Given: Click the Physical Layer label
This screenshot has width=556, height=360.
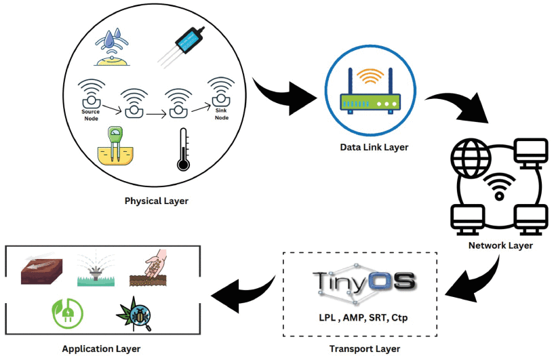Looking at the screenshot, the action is coord(157,201).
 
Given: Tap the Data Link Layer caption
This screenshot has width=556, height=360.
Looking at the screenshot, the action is coord(374,147).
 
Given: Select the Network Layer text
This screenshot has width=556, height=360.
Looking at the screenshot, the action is coord(500,245).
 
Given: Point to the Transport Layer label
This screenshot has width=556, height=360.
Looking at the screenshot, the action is coord(365,348).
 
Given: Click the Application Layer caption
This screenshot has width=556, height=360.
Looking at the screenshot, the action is coord(101,348).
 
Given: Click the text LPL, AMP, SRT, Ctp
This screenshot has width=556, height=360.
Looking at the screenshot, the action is coord(363,317).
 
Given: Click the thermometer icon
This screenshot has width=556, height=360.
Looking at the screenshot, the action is coord(183,149).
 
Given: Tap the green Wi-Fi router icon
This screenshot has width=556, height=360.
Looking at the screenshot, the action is coord(370,91).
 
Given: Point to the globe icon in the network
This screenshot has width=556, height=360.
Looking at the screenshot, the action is coord(471,158).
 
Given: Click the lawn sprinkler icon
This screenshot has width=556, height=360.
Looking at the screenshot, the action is coord(96,270).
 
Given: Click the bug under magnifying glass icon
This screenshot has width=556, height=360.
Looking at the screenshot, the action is coord(135,313).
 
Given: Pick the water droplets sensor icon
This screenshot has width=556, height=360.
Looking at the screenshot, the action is coord(112,47).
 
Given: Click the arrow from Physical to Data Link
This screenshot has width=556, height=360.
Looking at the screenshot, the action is coord(283,96).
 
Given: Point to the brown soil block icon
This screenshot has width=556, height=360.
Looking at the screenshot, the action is coord(41,268).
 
